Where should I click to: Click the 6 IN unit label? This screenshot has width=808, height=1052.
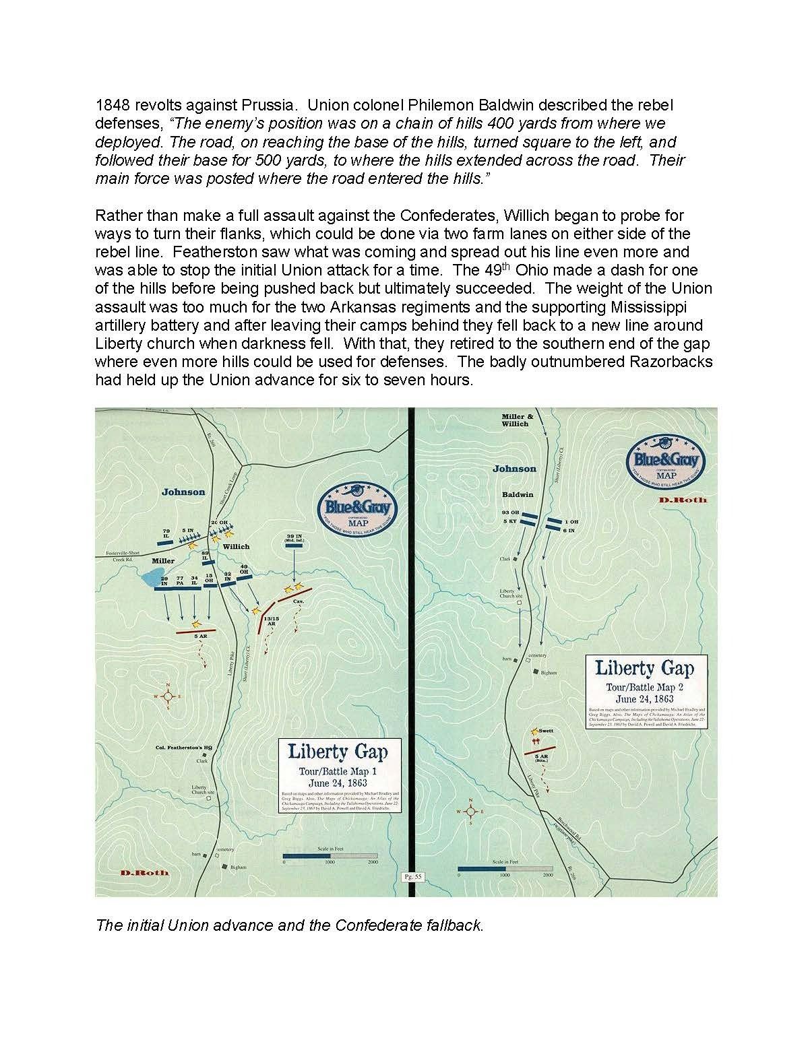pyautogui.click(x=570, y=531)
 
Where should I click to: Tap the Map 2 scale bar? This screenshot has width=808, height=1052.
pyautogui.click(x=503, y=869)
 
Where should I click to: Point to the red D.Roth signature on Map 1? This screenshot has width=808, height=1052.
pyautogui.click(x=146, y=873)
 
